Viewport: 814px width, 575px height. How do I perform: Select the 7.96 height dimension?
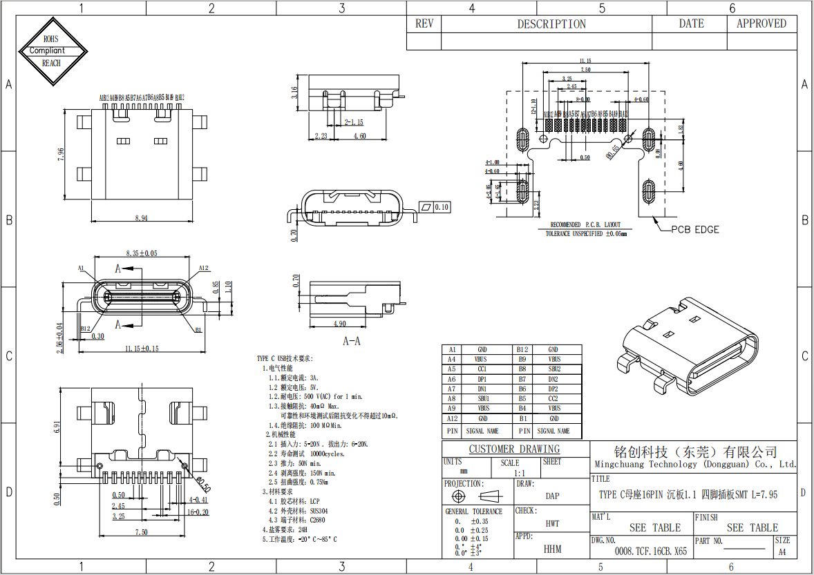pyautogui.click(x=61, y=154)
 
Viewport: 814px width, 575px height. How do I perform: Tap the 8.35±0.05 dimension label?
pyautogui.click(x=141, y=253)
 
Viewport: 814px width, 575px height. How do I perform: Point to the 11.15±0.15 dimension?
pyautogui.click(x=142, y=349)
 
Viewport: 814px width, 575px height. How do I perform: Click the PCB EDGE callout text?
pyautogui.click(x=695, y=229)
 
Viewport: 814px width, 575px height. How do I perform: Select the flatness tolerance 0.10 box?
pyautogui.click(x=434, y=206)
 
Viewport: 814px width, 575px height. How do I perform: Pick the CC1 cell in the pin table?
pyautogui.click(x=482, y=369)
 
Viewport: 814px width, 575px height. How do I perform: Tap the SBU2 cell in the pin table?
pyautogui.click(x=553, y=369)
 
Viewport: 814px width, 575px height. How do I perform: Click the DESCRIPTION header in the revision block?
pyautogui.click(x=551, y=23)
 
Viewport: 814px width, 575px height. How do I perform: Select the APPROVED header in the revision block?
pyautogui.click(x=761, y=23)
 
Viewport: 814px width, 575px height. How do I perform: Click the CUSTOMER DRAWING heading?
pyautogui.click(x=515, y=449)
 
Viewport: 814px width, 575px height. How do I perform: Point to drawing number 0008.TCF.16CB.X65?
pyautogui.click(x=650, y=552)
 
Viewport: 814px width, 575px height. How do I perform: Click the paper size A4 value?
pyautogui.click(x=782, y=552)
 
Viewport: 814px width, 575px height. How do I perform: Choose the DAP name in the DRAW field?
pyautogui.click(x=552, y=496)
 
